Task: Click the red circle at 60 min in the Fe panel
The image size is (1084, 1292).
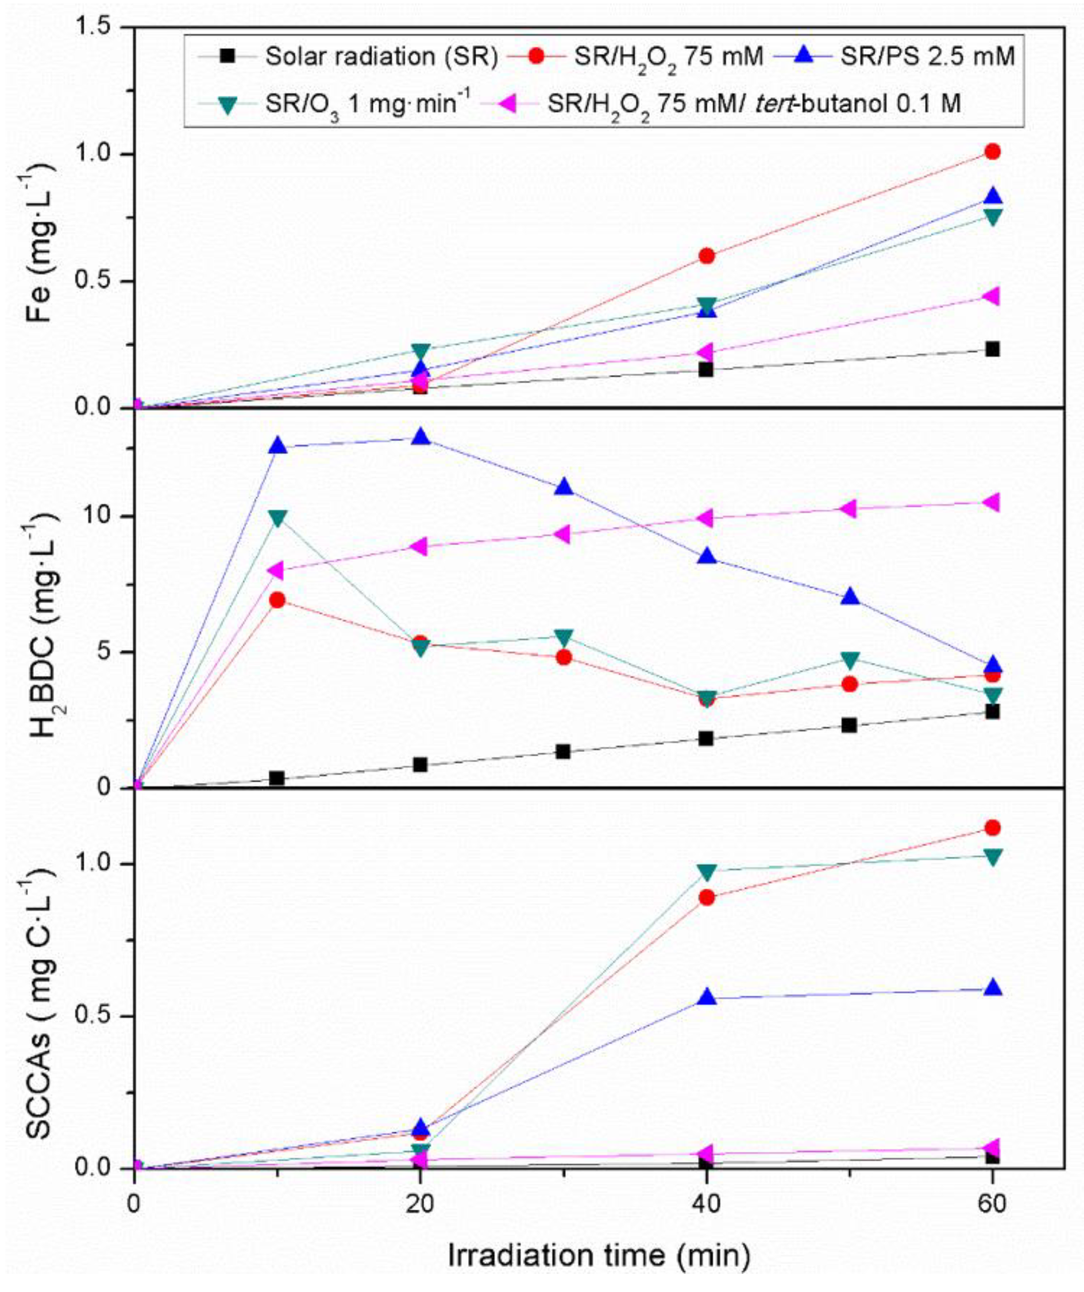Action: [992, 151]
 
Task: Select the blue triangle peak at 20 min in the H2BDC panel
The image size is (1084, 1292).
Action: [421, 437]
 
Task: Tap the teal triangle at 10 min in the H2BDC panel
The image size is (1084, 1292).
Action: [278, 518]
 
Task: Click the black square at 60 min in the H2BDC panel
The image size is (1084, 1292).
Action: [992, 712]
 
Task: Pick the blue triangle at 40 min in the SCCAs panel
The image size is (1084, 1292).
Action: [707, 997]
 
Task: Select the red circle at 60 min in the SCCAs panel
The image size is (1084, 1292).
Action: [992, 828]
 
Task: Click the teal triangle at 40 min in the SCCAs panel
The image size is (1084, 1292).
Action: [707, 872]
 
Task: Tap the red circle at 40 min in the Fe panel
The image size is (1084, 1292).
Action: [707, 255]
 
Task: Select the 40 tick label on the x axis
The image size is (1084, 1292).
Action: [706, 1204]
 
